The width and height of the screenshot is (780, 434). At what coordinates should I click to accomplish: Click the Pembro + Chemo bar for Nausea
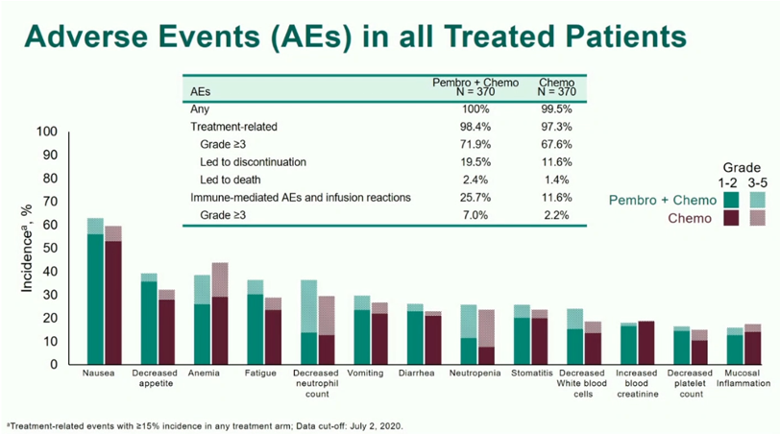point(95,298)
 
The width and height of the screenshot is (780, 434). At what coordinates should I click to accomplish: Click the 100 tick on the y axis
point(47,133)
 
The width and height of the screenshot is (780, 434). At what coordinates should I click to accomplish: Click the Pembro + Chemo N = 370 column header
point(476,87)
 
